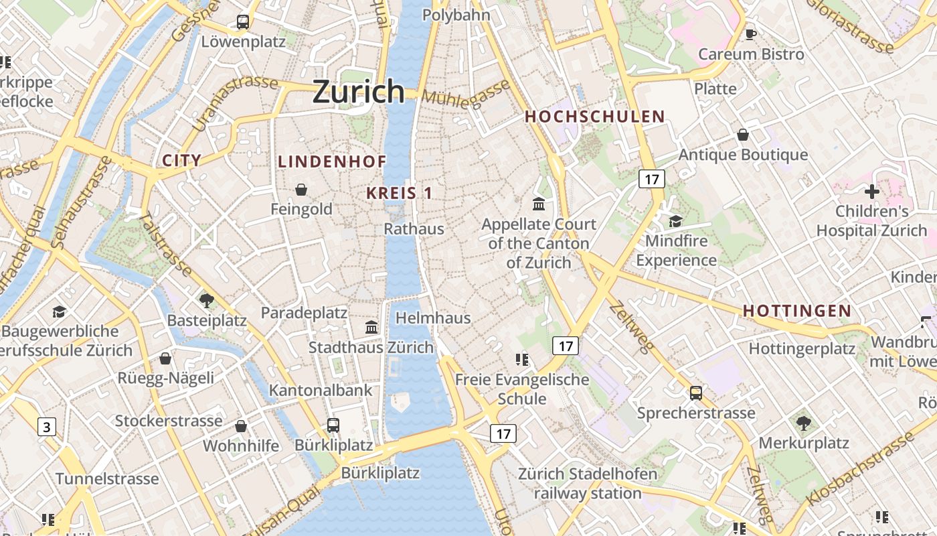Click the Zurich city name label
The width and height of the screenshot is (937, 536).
tap(359, 91)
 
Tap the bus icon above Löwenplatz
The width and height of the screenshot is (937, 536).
tap(243, 22)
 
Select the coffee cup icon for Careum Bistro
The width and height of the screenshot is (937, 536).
tap(751, 34)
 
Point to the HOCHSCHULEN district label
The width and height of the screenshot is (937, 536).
tap(595, 117)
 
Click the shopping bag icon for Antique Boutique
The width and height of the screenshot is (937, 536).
tap(743, 135)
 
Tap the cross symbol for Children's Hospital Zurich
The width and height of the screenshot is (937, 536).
tap(871, 192)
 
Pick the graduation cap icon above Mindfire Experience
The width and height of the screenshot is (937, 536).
tap(676, 221)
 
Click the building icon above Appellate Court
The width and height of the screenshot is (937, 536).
tap(538, 204)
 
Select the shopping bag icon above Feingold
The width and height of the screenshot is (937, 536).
tap(301, 190)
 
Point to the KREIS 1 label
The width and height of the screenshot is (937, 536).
tap(399, 194)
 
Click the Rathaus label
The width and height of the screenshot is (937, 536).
tap(414, 229)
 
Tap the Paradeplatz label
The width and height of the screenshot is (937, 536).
tap(304, 313)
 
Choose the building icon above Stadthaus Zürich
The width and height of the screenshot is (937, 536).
tap(371, 328)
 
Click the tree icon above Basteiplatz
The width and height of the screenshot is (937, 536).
tap(207, 300)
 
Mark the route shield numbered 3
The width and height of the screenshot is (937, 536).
tap(46, 427)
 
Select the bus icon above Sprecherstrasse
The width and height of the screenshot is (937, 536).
tap(696, 393)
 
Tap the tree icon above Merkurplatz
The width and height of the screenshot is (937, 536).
tap(803, 423)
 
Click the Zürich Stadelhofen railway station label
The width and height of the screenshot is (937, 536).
tap(588, 484)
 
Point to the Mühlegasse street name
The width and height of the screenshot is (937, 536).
tap(465, 94)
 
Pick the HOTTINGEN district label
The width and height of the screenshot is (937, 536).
tap(797, 311)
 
